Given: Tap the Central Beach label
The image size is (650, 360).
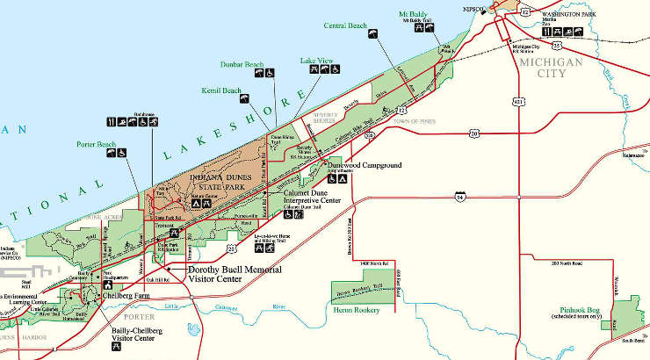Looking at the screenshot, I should (x=346, y=25).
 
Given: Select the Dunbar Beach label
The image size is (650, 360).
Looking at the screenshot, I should (x=242, y=63).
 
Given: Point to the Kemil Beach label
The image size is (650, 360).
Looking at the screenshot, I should (x=220, y=90).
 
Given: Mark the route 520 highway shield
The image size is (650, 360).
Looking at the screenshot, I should (x=371, y=135).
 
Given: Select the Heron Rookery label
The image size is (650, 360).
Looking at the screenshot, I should (x=356, y=309).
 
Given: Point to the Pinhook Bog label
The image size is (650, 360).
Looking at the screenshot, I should (x=581, y=310).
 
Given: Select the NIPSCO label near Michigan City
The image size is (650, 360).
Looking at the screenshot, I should (x=474, y=9).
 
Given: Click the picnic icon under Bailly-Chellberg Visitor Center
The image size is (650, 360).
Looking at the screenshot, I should (x=115, y=348).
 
